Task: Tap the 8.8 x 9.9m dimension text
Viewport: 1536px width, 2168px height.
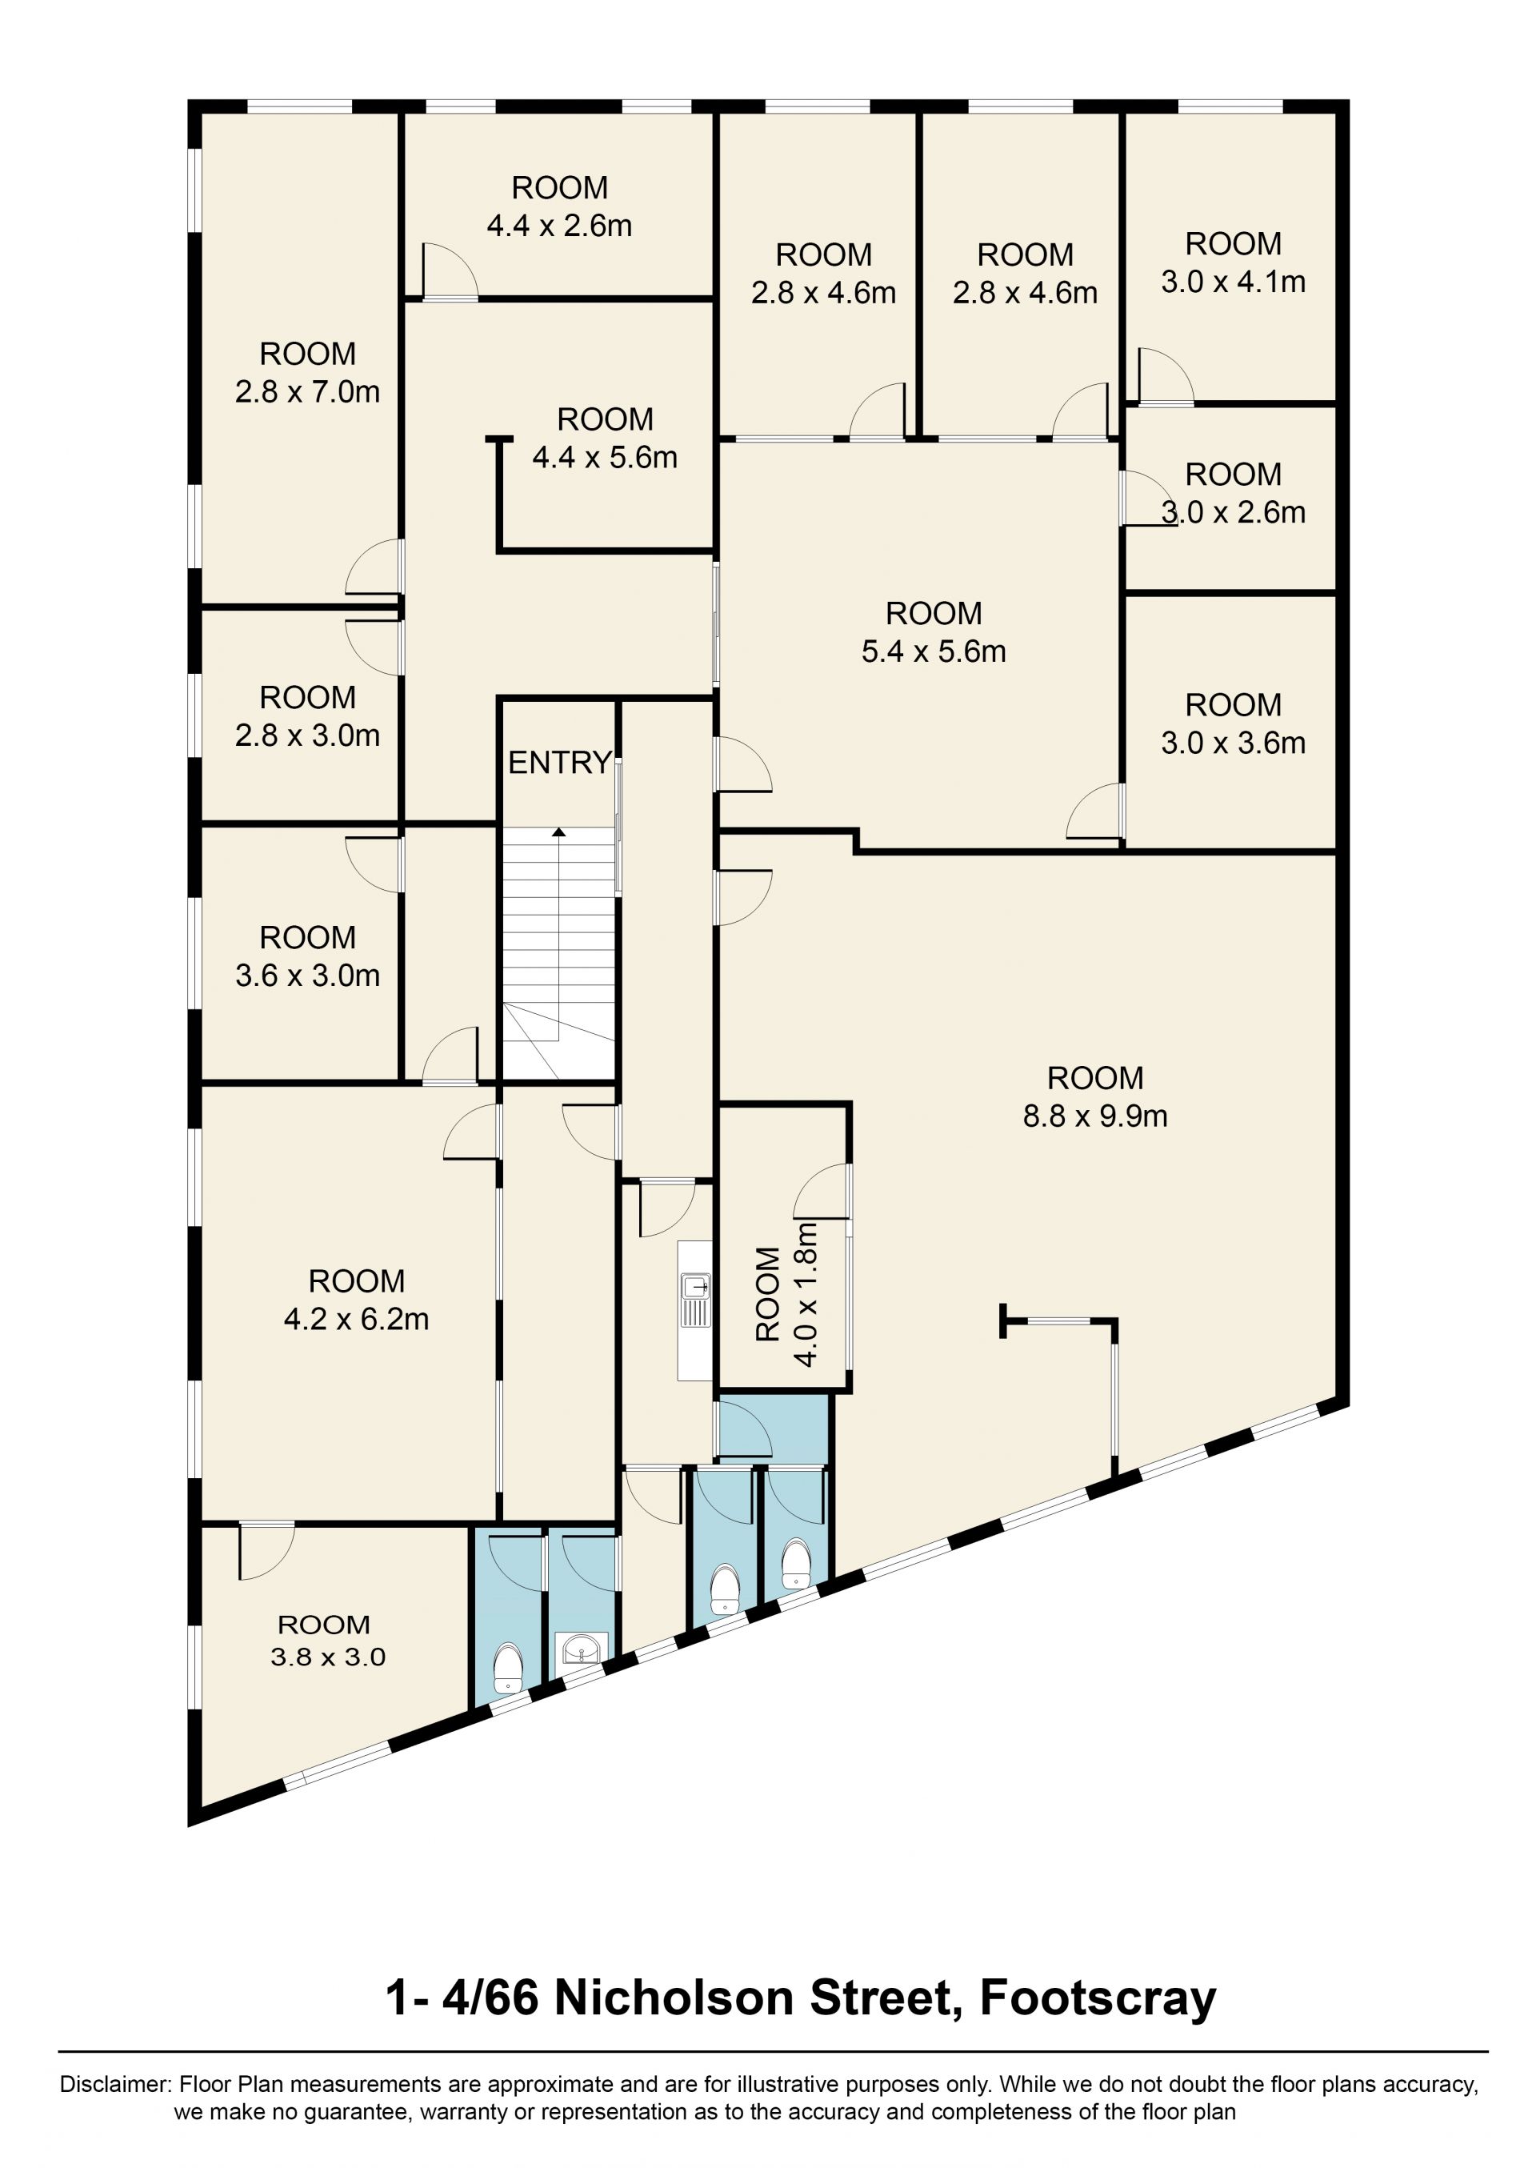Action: (x=1094, y=1116)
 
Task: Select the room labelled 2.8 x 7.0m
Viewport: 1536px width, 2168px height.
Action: (x=307, y=373)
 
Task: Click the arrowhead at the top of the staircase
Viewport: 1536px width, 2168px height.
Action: (x=559, y=832)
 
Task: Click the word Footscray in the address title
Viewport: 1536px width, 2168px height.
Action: (x=1097, y=1998)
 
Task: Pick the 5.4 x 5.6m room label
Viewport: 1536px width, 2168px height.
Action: (x=934, y=633)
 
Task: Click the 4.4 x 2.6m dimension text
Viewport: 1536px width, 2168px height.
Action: (x=559, y=226)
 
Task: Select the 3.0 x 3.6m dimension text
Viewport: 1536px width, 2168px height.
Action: (x=1234, y=743)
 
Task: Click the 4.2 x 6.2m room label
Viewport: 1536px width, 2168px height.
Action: (x=357, y=1300)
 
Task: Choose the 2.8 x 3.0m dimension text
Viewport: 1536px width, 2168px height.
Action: (x=307, y=735)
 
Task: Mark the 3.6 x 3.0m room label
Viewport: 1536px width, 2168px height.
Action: (x=307, y=956)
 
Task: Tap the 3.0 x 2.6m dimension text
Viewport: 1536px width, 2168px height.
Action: (x=1234, y=511)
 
